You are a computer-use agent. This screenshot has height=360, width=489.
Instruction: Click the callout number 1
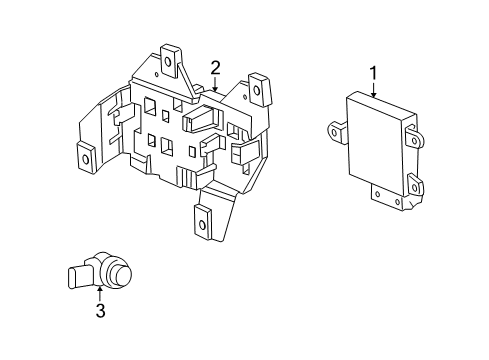pyautogui.click(x=374, y=72)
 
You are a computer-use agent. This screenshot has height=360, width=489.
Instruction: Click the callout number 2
pyautogui.click(x=215, y=68)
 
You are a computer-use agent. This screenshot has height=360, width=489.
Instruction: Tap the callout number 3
pyautogui.click(x=101, y=311)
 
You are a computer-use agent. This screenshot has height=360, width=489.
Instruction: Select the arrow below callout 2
pyautogui.click(x=215, y=86)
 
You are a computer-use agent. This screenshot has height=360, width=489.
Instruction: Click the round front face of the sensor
pyautogui.click(x=120, y=275)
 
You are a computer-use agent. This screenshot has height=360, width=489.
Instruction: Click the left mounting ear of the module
pyautogui.click(x=334, y=126)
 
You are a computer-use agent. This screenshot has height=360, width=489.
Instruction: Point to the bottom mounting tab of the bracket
pyautogui.click(x=206, y=222)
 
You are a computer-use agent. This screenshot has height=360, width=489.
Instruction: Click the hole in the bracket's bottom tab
pyautogui.click(x=204, y=224)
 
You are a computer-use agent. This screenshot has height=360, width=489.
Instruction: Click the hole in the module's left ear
pyautogui.click(x=333, y=126)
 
